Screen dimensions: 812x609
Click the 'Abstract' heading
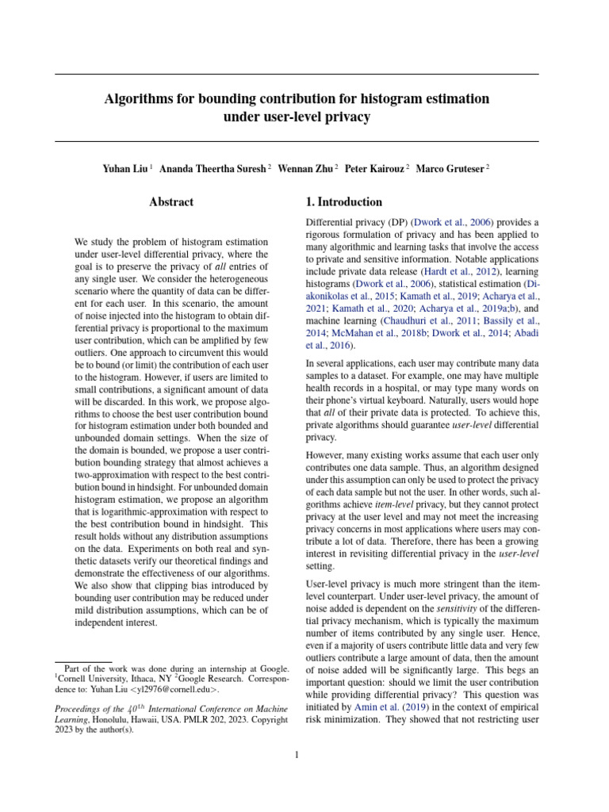[x=171, y=202]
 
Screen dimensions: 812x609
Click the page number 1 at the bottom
[x=297, y=755]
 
